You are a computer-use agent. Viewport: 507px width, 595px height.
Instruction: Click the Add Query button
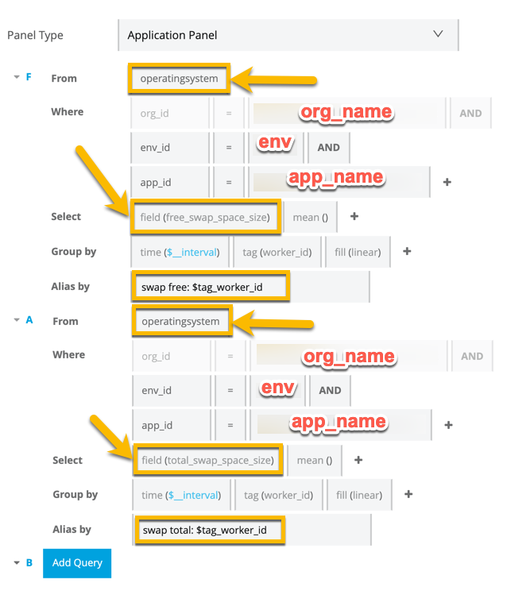click(77, 562)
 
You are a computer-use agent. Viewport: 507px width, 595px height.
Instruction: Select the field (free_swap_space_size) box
click(205, 216)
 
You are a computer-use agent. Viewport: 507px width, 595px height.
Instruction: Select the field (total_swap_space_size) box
click(207, 459)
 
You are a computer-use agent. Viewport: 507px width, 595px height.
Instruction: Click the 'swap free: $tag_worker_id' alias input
click(209, 287)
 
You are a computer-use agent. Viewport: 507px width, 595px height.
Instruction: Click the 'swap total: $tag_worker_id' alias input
click(210, 529)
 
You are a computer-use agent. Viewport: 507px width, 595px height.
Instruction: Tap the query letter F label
click(29, 78)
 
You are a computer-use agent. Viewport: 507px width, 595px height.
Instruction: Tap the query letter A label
click(29, 320)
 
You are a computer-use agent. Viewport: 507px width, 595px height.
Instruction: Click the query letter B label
click(29, 562)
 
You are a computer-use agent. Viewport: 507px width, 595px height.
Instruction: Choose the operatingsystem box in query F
click(179, 79)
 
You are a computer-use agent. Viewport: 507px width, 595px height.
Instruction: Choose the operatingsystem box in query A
click(179, 321)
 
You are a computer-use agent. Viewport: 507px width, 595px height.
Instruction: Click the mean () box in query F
click(310, 216)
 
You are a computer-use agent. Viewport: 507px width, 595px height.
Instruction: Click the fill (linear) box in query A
click(359, 495)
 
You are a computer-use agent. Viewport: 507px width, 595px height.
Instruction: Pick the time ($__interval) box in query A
click(181, 495)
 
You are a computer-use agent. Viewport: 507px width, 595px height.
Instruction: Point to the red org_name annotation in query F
click(346, 113)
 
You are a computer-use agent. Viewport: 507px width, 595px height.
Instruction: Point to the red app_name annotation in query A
click(338, 422)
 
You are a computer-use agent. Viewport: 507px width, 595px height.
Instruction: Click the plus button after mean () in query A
click(358, 460)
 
